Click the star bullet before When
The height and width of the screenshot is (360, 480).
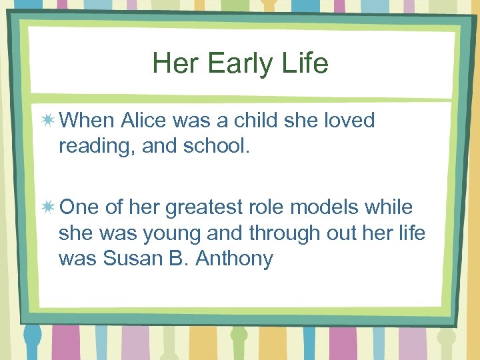tap(48, 121)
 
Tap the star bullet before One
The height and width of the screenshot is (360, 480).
tap(48, 207)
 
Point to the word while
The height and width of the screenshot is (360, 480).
tap(390, 207)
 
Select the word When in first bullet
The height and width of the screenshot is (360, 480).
tap(87, 121)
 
